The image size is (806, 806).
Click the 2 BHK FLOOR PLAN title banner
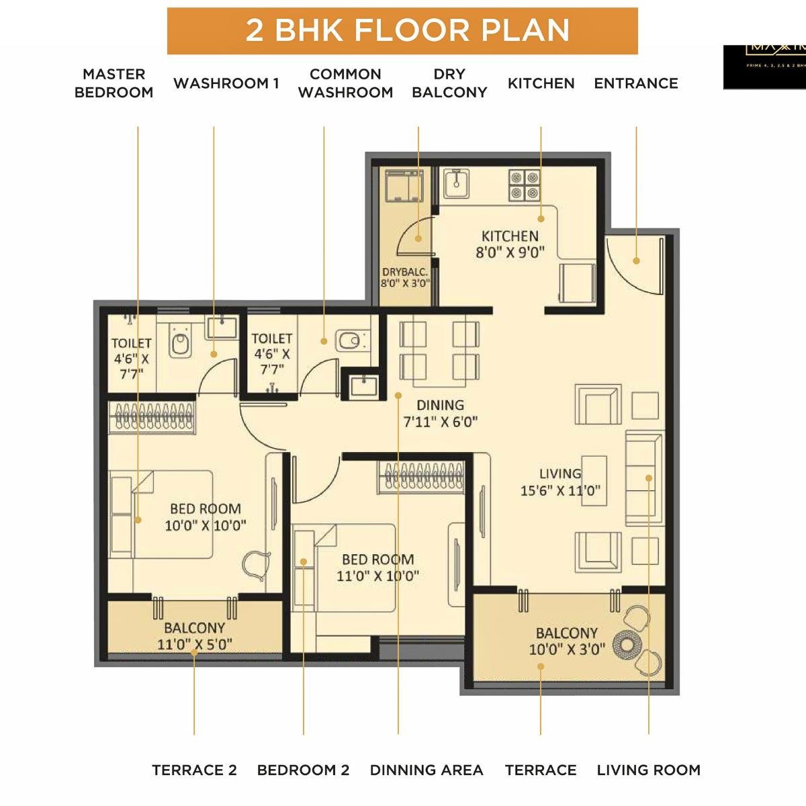click(x=402, y=31)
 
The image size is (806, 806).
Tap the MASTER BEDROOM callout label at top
click(x=114, y=83)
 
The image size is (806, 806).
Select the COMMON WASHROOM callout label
click(x=345, y=83)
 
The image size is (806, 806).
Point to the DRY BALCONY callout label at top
click(x=449, y=83)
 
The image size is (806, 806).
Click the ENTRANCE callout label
click(x=635, y=83)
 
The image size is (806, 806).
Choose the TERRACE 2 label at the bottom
click(x=194, y=770)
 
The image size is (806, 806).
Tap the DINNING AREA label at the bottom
click(x=427, y=770)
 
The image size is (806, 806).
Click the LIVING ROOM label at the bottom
click(x=648, y=770)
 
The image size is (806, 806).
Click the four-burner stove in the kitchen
click(x=524, y=185)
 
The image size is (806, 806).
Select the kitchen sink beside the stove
click(x=456, y=182)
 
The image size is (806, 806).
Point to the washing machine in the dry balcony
click(x=404, y=186)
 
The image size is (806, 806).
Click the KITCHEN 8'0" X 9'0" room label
click(x=510, y=244)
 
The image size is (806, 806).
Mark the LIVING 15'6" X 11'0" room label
click(x=560, y=482)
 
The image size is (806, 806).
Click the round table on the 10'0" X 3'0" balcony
click(x=628, y=645)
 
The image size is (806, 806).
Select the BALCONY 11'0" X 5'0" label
click(x=194, y=636)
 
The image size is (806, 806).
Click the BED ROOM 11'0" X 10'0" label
click(x=377, y=567)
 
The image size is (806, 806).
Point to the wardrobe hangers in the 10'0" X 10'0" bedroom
click(x=152, y=416)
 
